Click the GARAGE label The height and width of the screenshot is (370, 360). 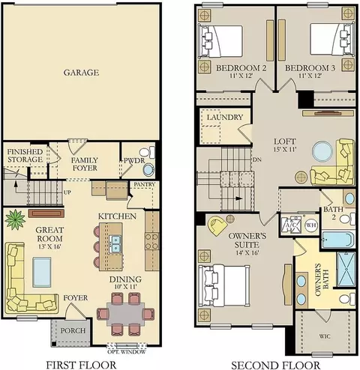[x=81, y=73]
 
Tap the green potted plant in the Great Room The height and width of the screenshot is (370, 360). [x=15, y=219]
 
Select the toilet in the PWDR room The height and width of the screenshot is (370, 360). [x=148, y=152]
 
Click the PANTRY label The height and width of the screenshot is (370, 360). [x=144, y=184]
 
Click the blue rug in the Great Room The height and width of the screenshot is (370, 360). [x=42, y=273]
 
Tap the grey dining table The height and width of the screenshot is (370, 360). [x=125, y=314]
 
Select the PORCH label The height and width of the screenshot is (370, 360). [x=73, y=330]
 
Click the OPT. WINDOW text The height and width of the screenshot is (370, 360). [x=127, y=352]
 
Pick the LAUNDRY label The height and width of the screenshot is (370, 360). [x=225, y=117]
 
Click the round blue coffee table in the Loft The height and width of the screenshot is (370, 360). [x=322, y=151]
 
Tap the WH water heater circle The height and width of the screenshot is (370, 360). [x=311, y=225]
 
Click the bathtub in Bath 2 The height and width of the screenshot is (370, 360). [x=339, y=240]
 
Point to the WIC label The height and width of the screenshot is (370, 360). [x=325, y=336]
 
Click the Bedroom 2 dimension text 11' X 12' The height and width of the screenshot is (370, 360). [x=241, y=76]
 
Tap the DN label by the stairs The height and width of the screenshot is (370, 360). [x=257, y=160]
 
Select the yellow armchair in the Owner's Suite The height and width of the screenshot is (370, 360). [x=217, y=225]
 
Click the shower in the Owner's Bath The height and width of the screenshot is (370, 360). [x=346, y=269]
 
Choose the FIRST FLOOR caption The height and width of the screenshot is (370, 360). [x=82, y=365]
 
